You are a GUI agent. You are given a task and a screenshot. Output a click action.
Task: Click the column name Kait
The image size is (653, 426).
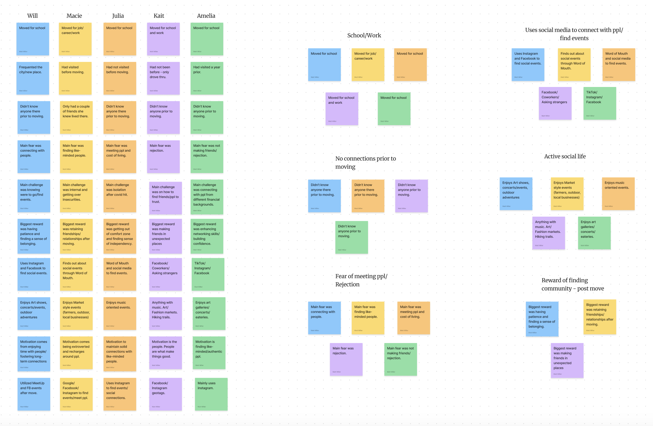(159, 16)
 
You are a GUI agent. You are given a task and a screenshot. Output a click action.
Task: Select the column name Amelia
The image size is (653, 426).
(206, 16)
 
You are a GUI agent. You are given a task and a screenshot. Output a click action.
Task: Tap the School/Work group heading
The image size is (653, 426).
(364, 35)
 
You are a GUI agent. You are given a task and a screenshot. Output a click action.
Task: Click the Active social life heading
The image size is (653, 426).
(565, 157)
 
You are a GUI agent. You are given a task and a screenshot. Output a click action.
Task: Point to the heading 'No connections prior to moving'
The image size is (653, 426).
(365, 162)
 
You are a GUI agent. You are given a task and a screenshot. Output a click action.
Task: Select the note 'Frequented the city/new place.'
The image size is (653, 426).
(33, 78)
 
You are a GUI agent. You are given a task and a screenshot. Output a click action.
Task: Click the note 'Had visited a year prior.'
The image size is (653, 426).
(207, 78)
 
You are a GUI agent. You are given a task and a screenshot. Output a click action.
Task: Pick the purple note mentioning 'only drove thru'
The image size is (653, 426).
(163, 78)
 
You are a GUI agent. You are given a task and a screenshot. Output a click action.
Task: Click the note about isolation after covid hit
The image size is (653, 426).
(120, 196)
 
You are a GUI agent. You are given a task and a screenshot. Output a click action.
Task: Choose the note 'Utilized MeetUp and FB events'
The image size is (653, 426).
(34, 394)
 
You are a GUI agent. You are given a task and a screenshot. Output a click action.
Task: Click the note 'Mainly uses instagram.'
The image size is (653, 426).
(211, 394)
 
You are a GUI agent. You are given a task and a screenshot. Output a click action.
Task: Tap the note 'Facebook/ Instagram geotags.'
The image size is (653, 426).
(165, 394)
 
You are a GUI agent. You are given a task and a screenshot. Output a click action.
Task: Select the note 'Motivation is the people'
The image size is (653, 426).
(165, 352)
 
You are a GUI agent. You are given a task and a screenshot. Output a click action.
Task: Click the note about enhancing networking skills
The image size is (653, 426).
(207, 236)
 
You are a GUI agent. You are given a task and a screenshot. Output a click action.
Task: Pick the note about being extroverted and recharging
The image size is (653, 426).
(76, 352)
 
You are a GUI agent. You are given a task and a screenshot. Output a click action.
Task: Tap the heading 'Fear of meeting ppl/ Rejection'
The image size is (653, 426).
(361, 280)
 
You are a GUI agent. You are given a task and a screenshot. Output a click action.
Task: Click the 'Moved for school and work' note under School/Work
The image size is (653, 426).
(341, 109)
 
